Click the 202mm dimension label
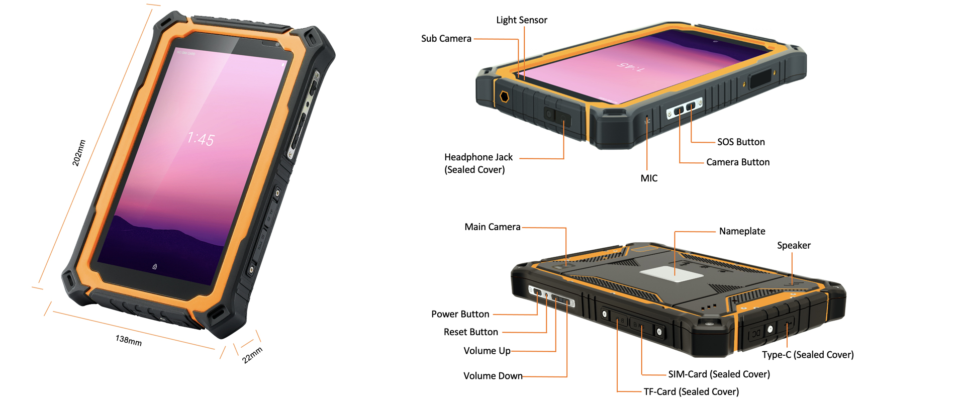point(79,153)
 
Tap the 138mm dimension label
point(129,341)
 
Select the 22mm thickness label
point(252,355)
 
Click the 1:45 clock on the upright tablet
point(201,139)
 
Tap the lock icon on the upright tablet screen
point(155,266)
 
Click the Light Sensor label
point(522,20)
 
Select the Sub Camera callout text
point(446,39)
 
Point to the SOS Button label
point(741,142)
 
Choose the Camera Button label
point(738,162)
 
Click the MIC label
point(649,178)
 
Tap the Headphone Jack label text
point(478,157)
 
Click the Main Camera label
point(493,227)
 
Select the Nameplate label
point(742,232)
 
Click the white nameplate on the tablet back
point(671,274)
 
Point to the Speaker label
point(794,246)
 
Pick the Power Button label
point(460,314)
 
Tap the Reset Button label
point(471,332)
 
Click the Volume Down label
point(493,376)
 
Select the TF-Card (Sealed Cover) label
point(692,392)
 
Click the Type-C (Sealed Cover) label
point(808,355)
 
